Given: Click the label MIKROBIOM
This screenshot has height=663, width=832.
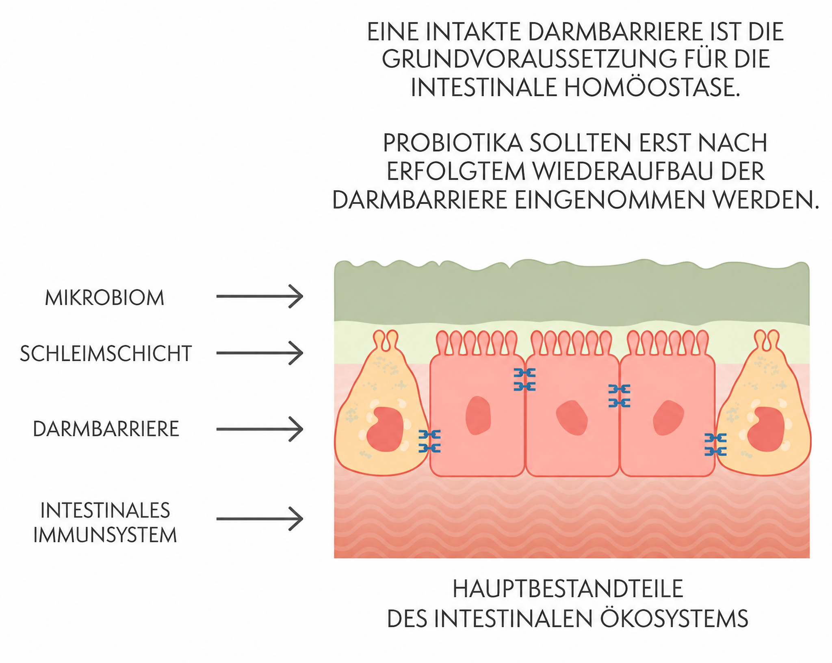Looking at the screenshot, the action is (x=104, y=298).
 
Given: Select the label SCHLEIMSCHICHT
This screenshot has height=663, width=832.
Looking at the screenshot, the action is (x=106, y=353).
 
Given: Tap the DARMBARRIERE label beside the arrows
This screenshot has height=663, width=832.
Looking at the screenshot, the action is (x=106, y=429).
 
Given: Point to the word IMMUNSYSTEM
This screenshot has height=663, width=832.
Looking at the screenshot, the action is (x=105, y=535).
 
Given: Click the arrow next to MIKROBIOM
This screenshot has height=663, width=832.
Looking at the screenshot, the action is (x=260, y=296).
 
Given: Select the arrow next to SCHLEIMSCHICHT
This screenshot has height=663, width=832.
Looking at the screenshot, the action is (x=260, y=353).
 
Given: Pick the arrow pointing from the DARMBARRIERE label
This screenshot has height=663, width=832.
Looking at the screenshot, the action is (x=260, y=429).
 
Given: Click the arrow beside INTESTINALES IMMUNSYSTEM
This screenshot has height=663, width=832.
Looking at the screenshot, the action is (x=260, y=518).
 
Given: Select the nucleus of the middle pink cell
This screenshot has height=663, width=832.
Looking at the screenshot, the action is (x=572, y=418).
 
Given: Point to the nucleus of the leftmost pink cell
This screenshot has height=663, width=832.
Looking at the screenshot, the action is (x=478, y=416).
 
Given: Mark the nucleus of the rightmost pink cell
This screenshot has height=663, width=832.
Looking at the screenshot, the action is (x=668, y=418).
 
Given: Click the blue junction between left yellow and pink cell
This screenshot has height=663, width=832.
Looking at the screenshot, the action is (x=429, y=441).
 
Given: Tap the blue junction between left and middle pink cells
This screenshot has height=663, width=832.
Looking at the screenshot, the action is (x=524, y=379).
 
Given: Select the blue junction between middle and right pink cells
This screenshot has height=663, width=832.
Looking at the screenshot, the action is (x=620, y=396).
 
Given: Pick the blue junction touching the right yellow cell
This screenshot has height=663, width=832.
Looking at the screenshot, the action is (x=716, y=444).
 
